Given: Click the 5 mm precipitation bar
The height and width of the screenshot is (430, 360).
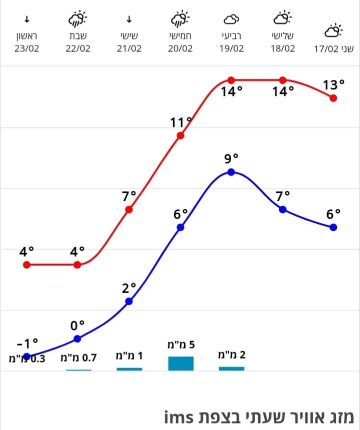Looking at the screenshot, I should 180,363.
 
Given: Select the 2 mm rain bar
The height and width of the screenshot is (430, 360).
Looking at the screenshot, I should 231,369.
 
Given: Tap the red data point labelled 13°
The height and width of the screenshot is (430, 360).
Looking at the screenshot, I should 333,98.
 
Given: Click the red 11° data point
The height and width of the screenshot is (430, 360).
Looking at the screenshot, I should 180,135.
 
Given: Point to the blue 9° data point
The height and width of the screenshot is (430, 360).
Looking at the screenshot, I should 231,172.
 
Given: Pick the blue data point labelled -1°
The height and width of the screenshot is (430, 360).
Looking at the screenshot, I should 27,356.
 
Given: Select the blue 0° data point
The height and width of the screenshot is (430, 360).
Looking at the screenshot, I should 77,339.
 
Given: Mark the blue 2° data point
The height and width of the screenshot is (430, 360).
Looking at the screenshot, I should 129,301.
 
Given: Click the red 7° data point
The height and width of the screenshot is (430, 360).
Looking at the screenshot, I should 129,209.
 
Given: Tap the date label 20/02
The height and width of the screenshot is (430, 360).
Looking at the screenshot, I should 180,48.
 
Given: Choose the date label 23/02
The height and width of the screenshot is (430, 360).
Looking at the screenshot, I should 27,48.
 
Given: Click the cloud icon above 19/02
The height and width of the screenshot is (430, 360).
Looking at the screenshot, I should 231,20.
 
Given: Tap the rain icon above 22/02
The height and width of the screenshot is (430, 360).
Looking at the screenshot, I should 77,20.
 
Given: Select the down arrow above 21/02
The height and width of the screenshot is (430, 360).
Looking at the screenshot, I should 129,20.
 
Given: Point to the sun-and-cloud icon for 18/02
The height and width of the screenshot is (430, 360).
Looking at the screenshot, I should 282,19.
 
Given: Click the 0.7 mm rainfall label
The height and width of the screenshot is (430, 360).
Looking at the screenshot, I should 78,358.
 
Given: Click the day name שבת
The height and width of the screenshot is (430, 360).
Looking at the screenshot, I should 77,36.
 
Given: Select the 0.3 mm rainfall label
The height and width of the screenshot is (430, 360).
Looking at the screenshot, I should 27,358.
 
